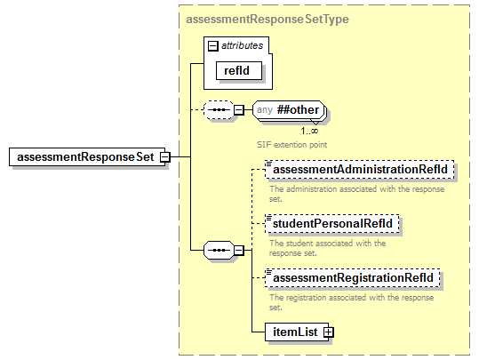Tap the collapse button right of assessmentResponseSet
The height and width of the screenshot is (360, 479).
coord(164,157)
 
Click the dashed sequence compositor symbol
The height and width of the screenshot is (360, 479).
coord(217,111)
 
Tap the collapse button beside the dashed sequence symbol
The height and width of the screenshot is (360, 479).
coord(238,111)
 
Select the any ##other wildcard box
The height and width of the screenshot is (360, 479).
coord(287,111)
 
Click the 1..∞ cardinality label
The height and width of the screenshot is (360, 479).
coord(309,131)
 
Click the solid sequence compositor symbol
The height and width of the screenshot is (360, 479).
coord(217,251)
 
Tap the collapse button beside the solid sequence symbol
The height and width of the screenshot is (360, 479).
coord(238,251)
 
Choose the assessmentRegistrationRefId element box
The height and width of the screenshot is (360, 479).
coord(353,278)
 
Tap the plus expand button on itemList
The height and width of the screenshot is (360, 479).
coord(328,332)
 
